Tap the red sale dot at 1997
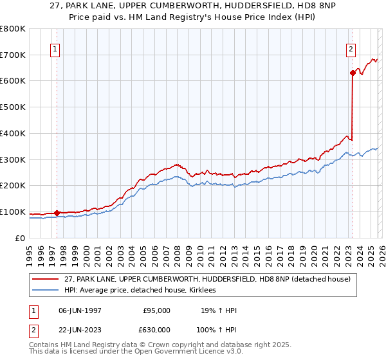tap(57, 213)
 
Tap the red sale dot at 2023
tap(353, 73)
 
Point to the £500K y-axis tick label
tap(13, 107)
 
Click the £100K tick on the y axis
tap(13, 212)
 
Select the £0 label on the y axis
tap(20, 238)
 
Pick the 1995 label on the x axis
tap(30, 253)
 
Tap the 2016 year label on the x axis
tap(268, 253)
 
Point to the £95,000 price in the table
tap(156, 310)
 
